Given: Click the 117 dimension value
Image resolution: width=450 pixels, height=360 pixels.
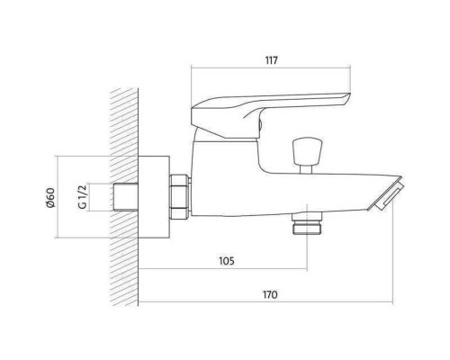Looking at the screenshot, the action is click(x=271, y=60).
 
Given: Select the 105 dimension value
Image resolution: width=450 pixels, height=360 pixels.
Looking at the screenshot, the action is click(x=227, y=261).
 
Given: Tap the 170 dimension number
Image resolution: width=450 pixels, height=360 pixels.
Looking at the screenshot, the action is click(x=270, y=294).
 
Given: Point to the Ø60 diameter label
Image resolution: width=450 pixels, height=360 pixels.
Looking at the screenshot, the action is click(x=50, y=197).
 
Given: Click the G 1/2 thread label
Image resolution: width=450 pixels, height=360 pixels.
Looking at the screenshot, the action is click(x=82, y=197).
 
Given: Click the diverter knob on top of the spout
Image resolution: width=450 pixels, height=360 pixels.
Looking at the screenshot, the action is click(x=307, y=151).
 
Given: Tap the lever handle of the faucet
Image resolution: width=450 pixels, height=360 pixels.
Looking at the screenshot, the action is click(x=271, y=115).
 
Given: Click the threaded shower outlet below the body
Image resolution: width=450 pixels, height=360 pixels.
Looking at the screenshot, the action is click(x=307, y=223).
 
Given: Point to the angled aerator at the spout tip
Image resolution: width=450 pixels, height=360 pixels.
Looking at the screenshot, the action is click(x=387, y=194).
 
